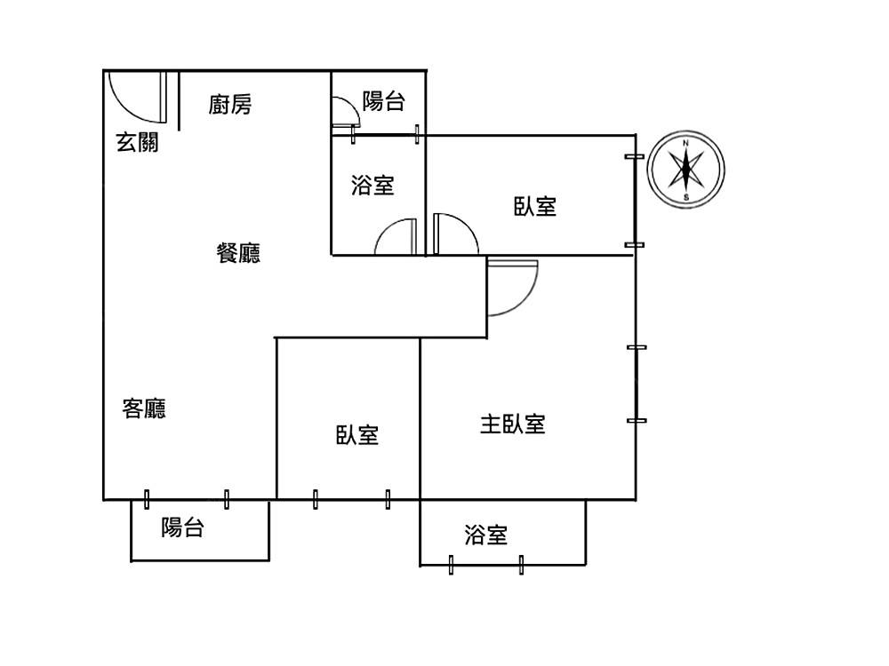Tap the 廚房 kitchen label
[x=230, y=105]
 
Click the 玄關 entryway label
[x=138, y=141]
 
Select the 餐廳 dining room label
[x=238, y=254]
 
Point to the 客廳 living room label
[x=144, y=409]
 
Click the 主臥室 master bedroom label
[x=513, y=424]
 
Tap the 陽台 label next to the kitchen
[x=384, y=101]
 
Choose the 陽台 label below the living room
[x=183, y=527]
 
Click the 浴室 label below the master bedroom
[x=486, y=535]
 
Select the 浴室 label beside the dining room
[x=373, y=186]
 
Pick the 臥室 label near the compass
[x=535, y=207]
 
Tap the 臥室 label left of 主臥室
[x=357, y=435]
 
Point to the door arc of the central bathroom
[x=394, y=236]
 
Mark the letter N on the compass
[x=686, y=143]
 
